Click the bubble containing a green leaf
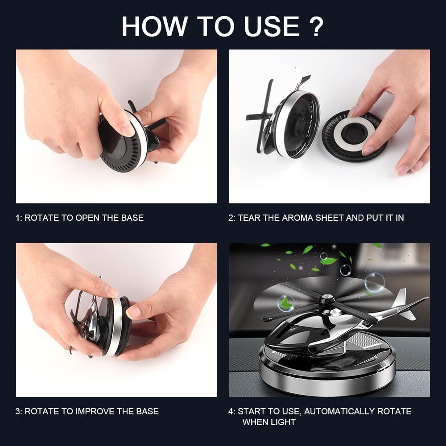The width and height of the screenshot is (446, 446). (x=285, y=303)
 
